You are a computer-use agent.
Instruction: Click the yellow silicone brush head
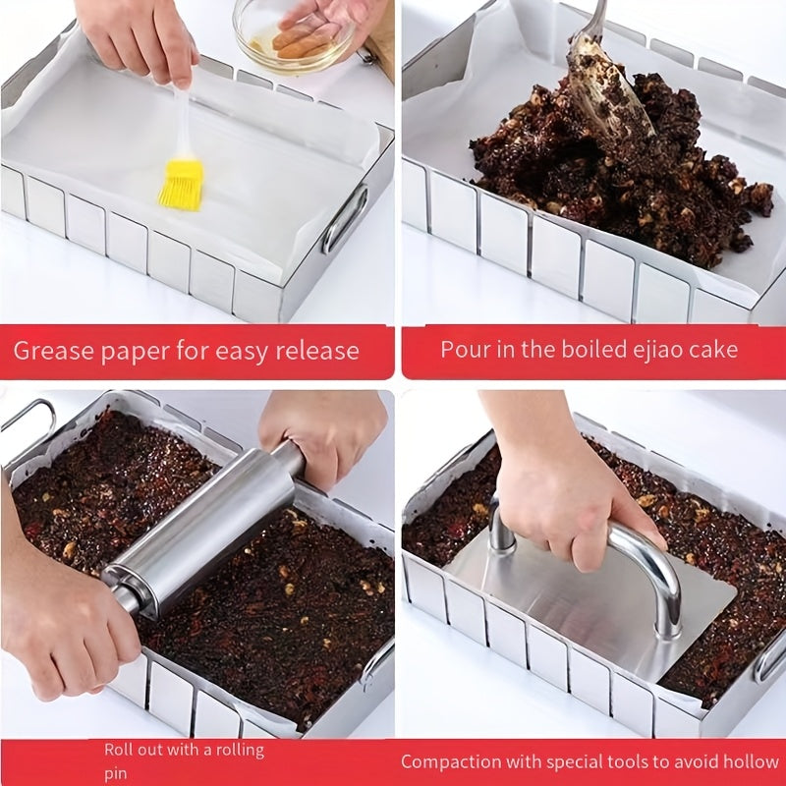182,184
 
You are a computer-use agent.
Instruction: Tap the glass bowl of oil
294,36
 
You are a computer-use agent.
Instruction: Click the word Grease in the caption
54,352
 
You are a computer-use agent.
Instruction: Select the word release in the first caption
317,350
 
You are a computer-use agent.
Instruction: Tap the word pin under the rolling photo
115,773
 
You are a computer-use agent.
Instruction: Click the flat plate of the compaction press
591,606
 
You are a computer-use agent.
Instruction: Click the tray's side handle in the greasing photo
345,219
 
